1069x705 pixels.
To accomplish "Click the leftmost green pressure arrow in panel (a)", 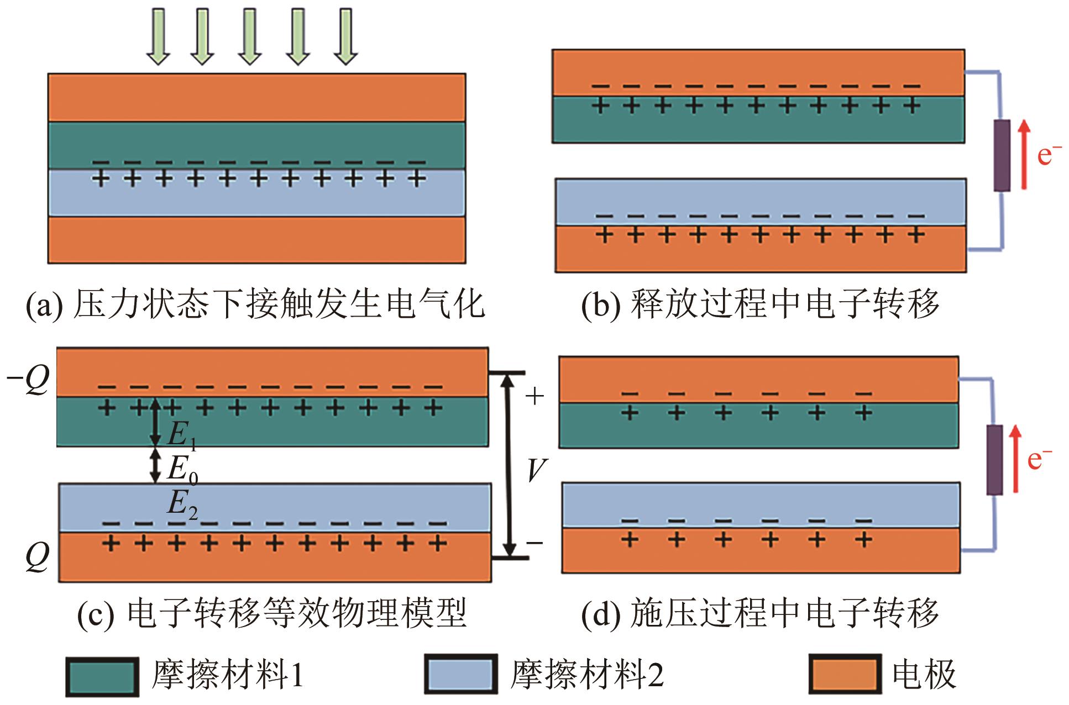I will (158, 36).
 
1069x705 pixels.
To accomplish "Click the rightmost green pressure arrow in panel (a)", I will (346, 36).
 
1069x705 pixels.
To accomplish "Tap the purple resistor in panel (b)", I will (1002, 156).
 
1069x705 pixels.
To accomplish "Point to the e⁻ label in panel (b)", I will (1049, 155).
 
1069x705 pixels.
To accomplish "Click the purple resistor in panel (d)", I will (994, 460).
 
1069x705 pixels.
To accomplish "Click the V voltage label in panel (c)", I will (535, 471).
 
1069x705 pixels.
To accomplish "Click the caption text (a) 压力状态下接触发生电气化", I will (255, 304).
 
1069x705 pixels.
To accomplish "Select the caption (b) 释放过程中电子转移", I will (760, 304).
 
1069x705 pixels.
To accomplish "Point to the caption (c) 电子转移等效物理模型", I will (272, 613).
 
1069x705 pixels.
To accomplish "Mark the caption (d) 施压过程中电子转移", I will (760, 613).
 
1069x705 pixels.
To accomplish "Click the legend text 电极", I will (924, 675).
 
